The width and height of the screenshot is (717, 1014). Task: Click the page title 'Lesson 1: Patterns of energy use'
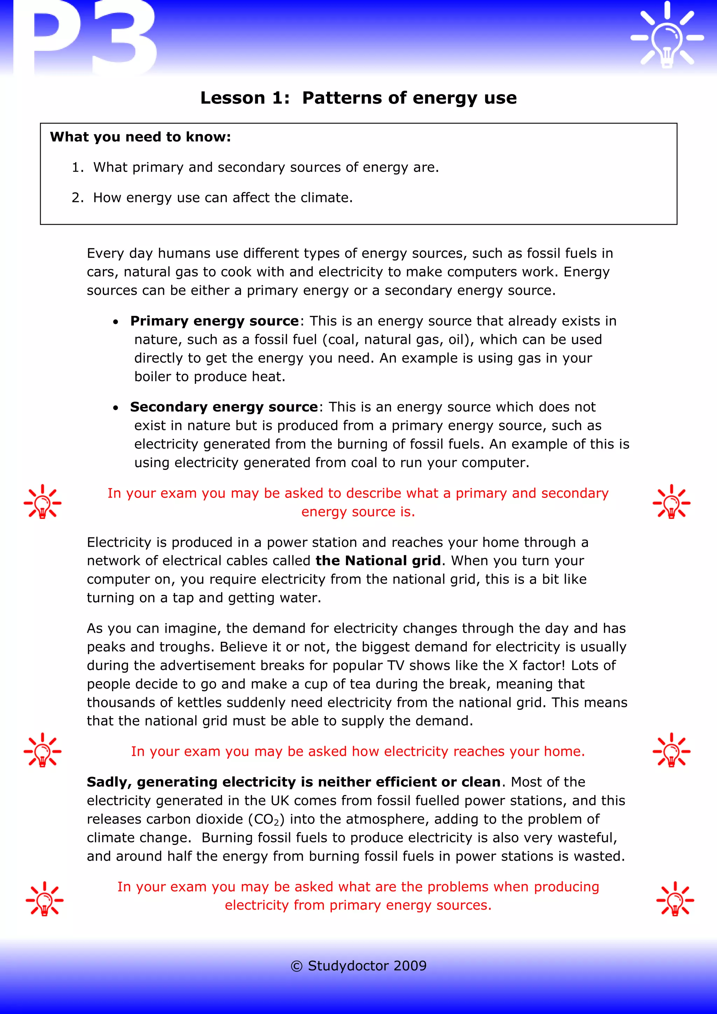point(358,98)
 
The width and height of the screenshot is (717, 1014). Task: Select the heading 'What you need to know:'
point(140,137)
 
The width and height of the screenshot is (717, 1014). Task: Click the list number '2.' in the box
point(77,198)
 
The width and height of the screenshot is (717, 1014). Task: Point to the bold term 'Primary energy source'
point(215,321)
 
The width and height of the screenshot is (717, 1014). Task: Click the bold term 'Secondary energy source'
point(224,407)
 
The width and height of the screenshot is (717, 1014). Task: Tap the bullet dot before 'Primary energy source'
point(116,322)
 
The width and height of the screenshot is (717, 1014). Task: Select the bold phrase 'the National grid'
point(378,561)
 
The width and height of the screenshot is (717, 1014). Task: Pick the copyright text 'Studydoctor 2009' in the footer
point(367,966)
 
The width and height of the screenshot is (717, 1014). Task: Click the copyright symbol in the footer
point(296,966)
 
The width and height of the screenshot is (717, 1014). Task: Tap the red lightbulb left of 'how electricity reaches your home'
point(43,750)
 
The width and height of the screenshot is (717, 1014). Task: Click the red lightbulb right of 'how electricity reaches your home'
point(671,750)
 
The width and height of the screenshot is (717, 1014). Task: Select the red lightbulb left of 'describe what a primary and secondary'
point(43,502)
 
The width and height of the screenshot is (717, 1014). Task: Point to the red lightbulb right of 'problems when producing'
point(675,899)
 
